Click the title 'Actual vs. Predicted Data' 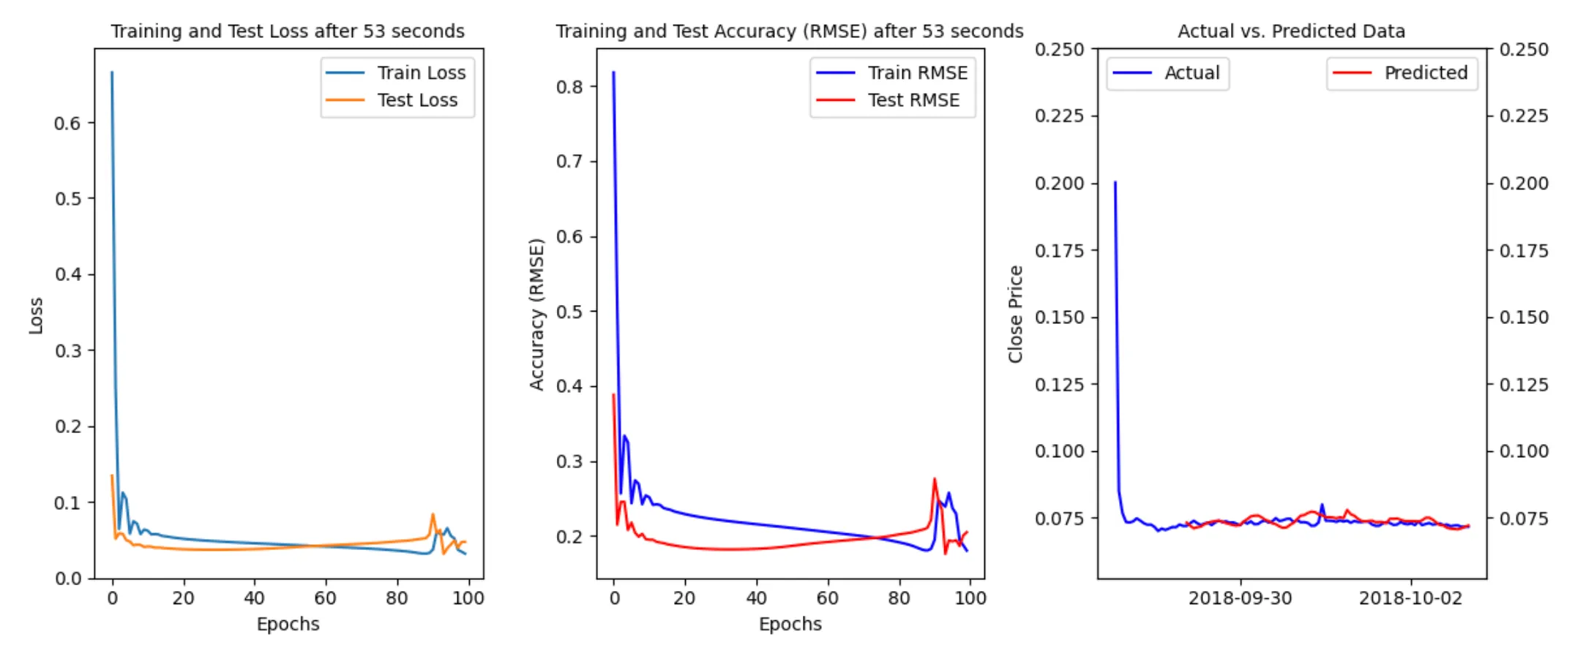click(1291, 31)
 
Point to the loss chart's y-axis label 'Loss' click(36, 315)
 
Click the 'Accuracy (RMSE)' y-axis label click(537, 314)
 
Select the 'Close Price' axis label click(1015, 314)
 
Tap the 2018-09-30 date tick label click(1240, 598)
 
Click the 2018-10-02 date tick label click(1410, 598)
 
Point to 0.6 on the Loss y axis click(67, 124)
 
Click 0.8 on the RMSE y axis click(569, 87)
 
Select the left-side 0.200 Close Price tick click(1059, 184)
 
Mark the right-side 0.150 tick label click(1524, 317)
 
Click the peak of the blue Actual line click(1115, 182)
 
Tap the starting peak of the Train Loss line click(112, 72)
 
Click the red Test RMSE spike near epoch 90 click(935, 480)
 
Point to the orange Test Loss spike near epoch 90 click(433, 515)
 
